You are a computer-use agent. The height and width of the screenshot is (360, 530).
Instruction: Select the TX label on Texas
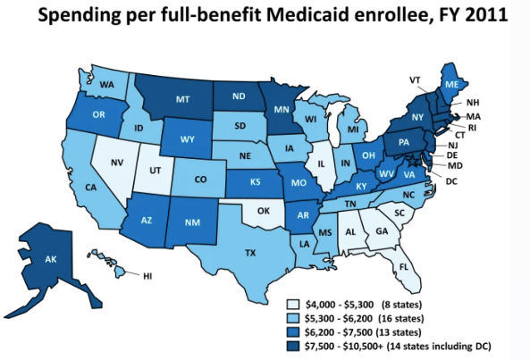tap(251, 253)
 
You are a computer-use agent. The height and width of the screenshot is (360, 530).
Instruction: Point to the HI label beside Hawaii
tap(147, 276)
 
